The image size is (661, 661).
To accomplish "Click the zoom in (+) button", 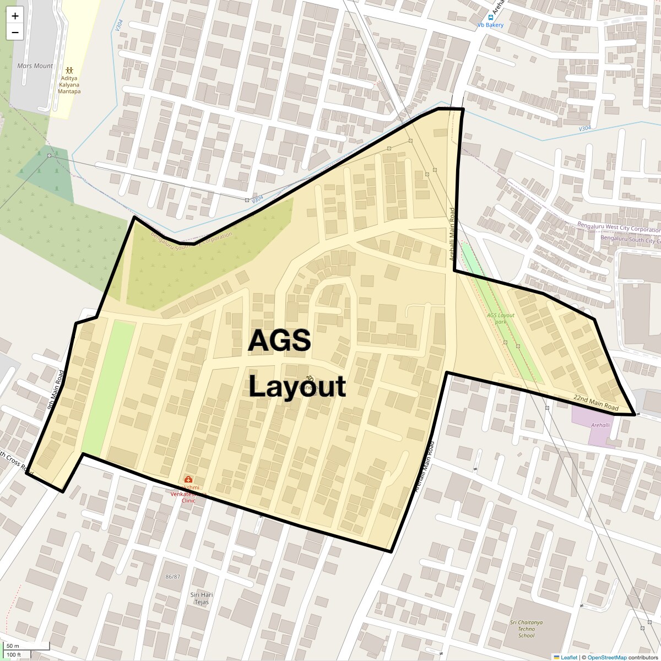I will coord(15,16).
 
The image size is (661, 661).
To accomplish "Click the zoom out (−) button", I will coord(15,32).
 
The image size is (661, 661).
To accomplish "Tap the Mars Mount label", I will coord(35,66).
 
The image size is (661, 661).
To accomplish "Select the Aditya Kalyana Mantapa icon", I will coord(69,71).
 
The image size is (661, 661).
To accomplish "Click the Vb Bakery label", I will coord(490,25).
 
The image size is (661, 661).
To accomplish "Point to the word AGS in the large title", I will coord(279,341).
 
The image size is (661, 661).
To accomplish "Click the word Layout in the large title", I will coord(297,387).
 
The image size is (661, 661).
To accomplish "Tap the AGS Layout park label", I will coord(500,318).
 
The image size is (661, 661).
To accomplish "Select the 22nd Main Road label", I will coord(596,402).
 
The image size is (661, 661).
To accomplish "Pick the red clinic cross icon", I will coord(188,479).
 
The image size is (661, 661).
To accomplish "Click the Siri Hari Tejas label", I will coord(202,598).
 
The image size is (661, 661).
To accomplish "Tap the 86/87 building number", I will coord(173,577).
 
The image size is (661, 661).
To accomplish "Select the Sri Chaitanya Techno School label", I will coord(526,629).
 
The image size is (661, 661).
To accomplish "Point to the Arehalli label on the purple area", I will coord(600,425).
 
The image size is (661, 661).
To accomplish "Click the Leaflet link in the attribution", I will coord(569,657).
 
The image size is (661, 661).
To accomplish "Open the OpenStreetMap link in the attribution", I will coord(606,657).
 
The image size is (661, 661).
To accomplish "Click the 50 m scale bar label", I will coord(13,646).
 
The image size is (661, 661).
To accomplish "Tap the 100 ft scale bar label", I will coord(14,655).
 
